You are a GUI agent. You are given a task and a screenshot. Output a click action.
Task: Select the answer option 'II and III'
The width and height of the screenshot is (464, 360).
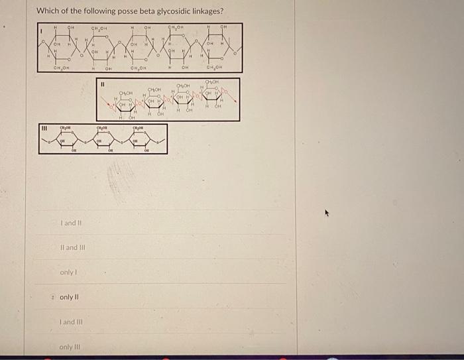click(x=72, y=248)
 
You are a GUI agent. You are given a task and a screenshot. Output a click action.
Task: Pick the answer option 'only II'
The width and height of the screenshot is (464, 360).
click(x=69, y=297)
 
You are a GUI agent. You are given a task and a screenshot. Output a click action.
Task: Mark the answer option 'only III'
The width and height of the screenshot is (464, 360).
click(x=69, y=347)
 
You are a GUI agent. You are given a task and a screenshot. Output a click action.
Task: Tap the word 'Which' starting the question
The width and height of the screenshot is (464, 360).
click(x=48, y=11)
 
